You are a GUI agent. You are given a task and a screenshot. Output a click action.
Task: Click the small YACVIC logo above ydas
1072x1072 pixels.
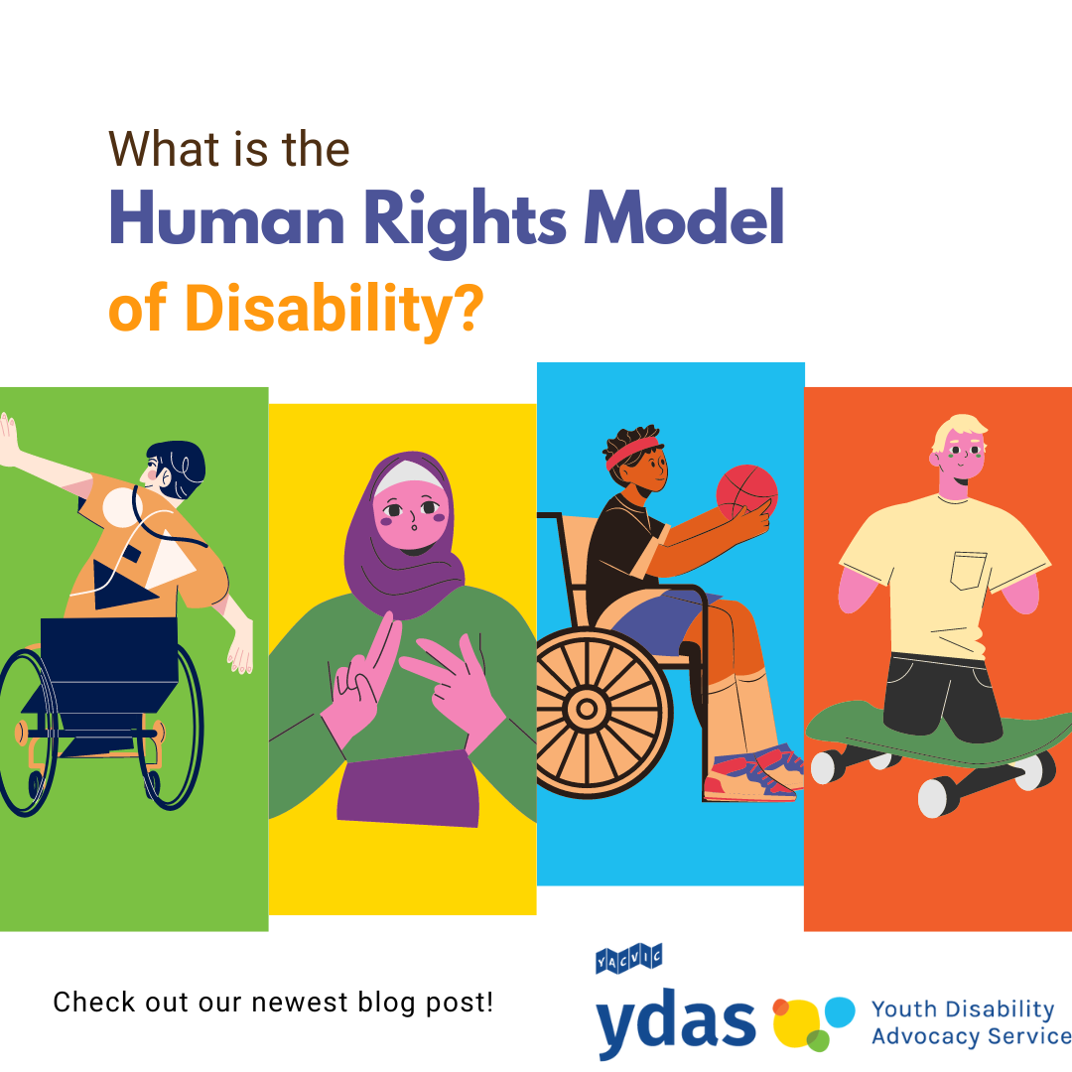point(628,960)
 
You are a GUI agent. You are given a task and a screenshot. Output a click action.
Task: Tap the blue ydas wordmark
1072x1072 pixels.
point(676,1024)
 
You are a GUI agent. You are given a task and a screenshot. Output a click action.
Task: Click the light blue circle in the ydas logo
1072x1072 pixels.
point(839,1011)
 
